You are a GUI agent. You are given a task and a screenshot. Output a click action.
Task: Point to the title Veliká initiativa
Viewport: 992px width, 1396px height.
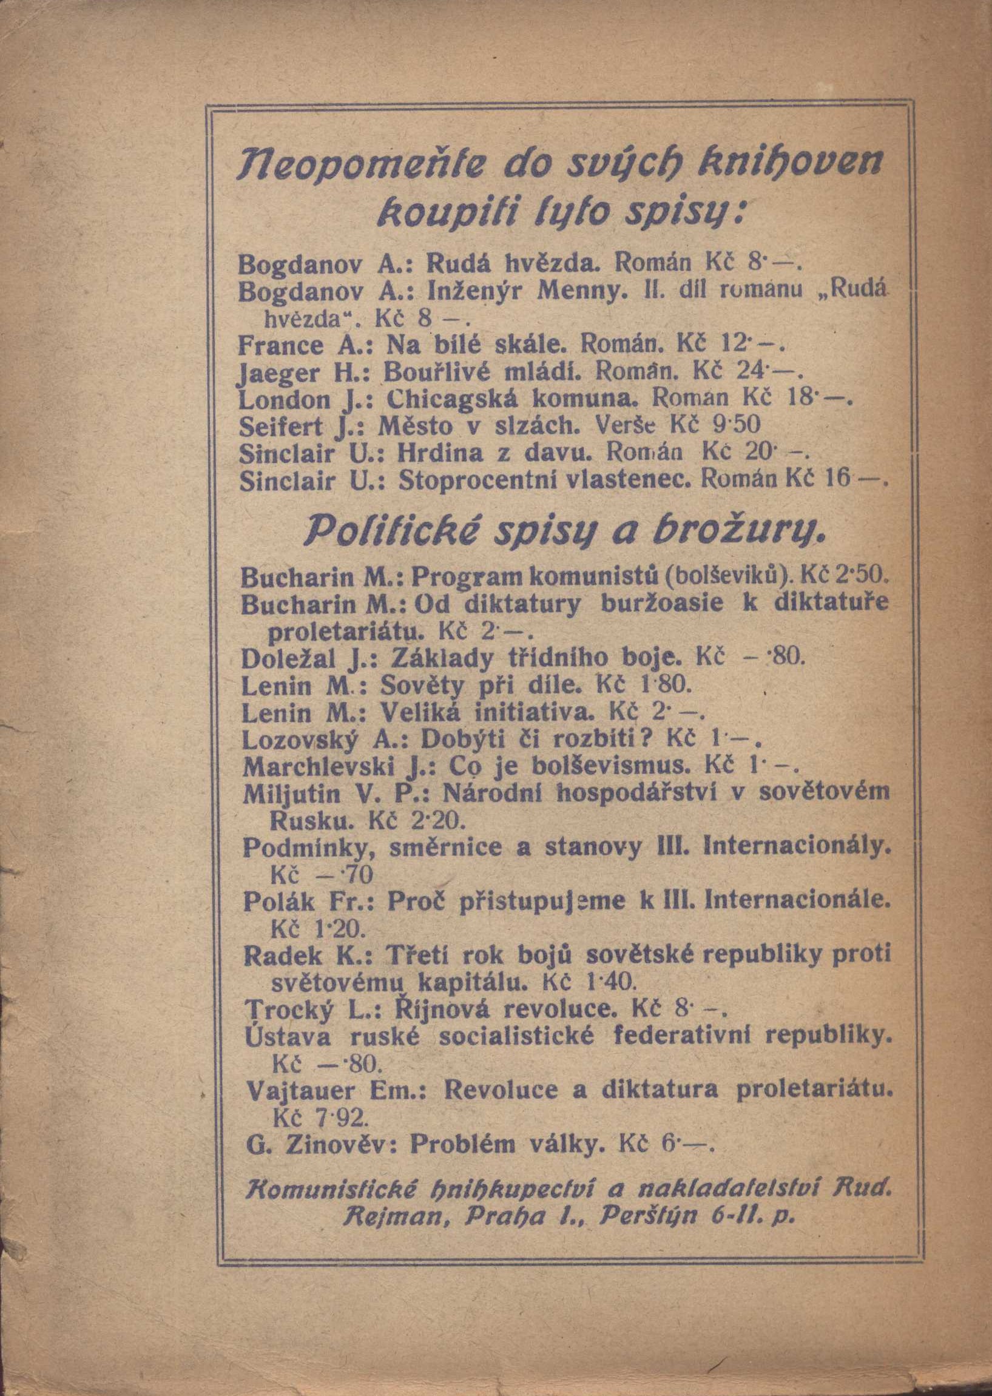(x=485, y=713)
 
